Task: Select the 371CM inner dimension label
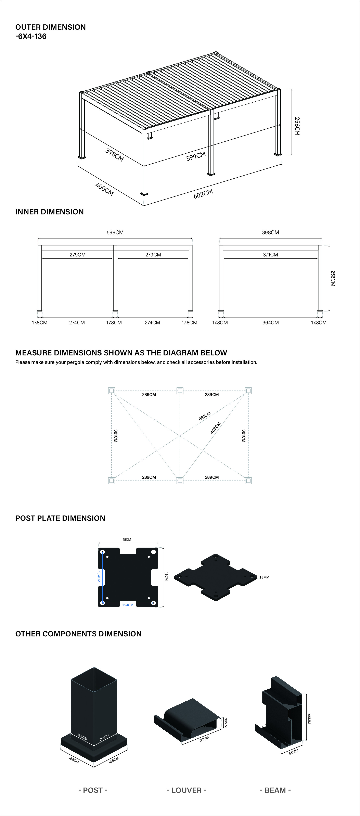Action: [x=270, y=255]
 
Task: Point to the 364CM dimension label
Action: [x=270, y=322]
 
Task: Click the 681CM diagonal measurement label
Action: [x=205, y=416]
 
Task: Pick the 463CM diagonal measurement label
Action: [x=215, y=428]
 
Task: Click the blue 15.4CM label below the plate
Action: [x=128, y=605]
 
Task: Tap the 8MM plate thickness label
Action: [x=265, y=577]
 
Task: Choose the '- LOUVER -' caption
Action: [x=187, y=790]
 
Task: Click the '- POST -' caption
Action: [x=93, y=790]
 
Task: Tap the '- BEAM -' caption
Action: [x=275, y=790]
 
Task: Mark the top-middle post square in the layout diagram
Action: [x=180, y=391]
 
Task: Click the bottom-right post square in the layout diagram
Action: [x=248, y=481]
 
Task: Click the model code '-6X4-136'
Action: [x=31, y=36]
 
